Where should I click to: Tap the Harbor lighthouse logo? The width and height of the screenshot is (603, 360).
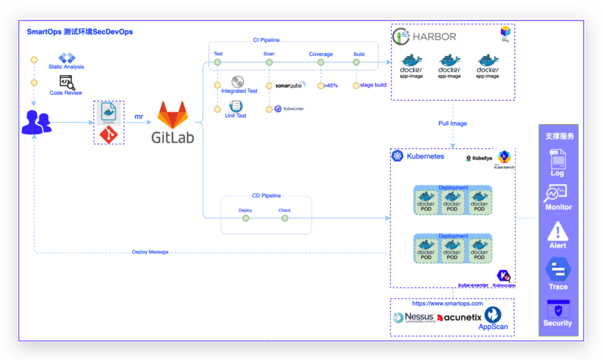401,37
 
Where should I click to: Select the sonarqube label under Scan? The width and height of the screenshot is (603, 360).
289,85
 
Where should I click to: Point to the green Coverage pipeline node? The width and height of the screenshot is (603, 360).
321,62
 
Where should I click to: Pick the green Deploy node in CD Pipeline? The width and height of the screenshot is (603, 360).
245,218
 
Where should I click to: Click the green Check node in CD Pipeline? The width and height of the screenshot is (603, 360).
285,218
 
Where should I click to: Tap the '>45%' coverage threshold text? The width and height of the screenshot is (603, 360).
331,85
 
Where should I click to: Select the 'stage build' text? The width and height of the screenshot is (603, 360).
373,85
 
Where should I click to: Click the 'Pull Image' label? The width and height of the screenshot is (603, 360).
453,123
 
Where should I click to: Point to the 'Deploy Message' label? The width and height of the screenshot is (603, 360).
150,252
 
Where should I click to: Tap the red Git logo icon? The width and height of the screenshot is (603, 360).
108,135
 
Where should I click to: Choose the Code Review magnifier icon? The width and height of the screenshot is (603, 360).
67,82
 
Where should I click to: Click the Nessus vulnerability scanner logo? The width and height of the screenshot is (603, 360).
414,317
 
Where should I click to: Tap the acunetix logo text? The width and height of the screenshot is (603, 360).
460,318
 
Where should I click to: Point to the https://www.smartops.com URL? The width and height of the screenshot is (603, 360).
447,303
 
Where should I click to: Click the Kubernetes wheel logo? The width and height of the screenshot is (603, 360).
397,156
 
